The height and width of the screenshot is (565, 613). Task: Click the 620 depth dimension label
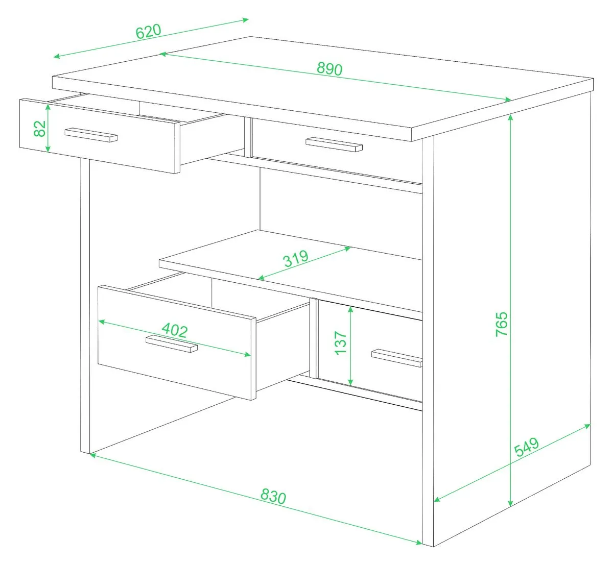coord(149,31)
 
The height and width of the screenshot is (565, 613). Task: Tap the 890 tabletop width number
coord(329,69)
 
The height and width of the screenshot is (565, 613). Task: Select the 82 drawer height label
coord(40,129)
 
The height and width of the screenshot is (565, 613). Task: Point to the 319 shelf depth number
coord(296,258)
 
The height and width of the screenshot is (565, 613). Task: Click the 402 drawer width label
coord(175,330)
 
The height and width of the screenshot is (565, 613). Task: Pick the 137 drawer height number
coord(341,343)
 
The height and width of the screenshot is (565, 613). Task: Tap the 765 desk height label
coord(502,324)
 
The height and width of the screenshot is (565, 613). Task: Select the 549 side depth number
coord(527,447)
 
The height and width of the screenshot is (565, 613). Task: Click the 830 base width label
coord(273,496)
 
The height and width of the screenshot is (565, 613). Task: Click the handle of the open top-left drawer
coord(91,135)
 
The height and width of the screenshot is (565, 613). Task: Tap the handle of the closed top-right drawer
coord(334,144)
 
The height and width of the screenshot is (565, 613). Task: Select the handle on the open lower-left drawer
coord(172,343)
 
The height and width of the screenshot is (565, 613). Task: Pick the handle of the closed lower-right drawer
coord(396,358)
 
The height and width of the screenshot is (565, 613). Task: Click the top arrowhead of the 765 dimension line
coord(510,117)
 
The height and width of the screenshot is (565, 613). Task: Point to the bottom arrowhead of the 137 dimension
coord(350,382)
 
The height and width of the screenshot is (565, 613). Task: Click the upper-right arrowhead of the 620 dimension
coord(246,20)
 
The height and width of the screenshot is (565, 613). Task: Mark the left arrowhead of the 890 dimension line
coord(163,54)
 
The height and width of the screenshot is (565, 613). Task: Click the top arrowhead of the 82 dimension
coord(48,107)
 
